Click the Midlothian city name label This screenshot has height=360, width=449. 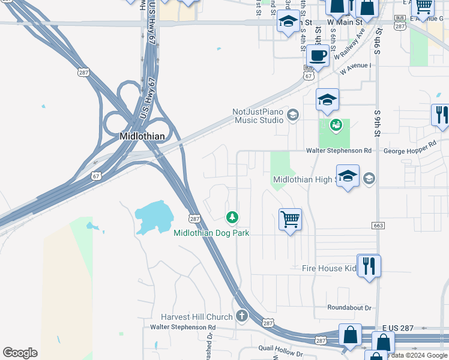(142, 136)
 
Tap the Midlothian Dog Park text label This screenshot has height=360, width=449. (211, 233)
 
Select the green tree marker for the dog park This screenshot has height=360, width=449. (232, 217)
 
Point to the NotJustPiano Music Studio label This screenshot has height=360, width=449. (258, 116)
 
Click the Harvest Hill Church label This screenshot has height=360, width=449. (196, 317)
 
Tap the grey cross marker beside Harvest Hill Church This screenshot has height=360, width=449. (241, 316)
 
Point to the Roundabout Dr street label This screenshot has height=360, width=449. (349, 308)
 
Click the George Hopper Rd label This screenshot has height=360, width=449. (409, 146)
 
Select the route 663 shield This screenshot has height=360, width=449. (377, 225)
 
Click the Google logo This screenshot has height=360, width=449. (20, 353)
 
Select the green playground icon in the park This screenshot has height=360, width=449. (336, 125)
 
